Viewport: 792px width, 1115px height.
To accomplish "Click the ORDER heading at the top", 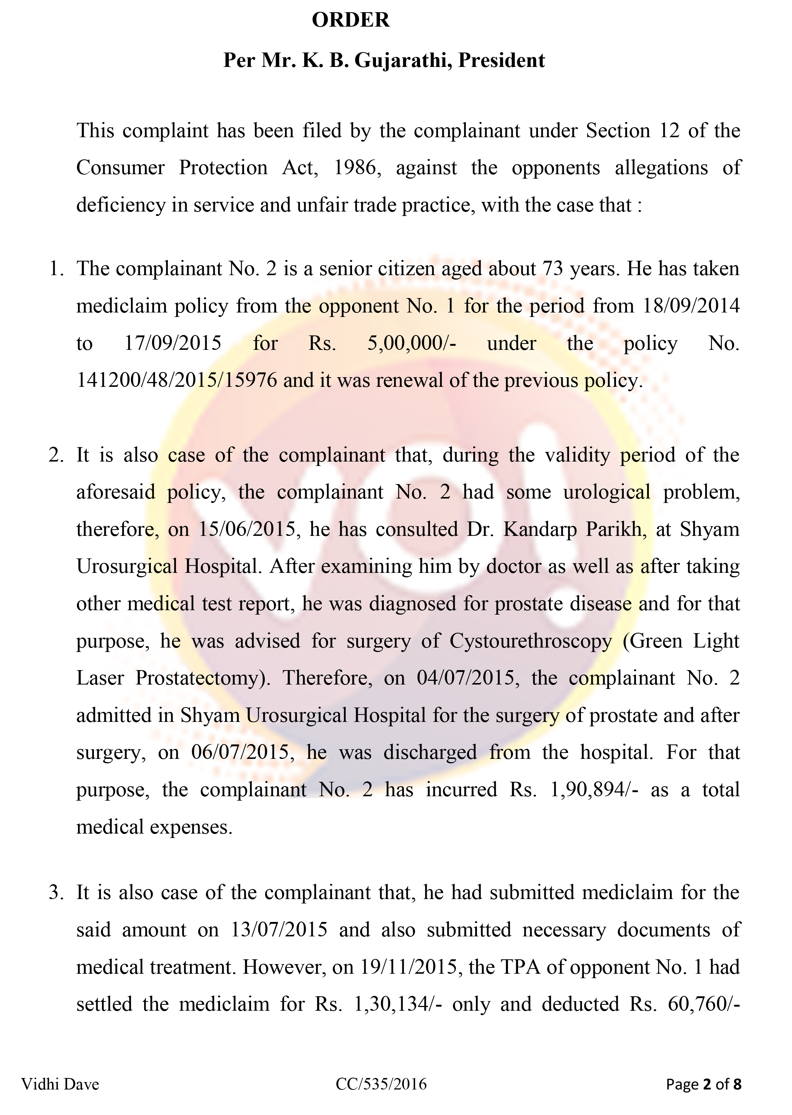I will pos(350,20).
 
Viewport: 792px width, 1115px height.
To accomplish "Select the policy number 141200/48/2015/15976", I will pos(177,381).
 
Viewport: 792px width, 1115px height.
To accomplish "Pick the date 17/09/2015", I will pos(173,344).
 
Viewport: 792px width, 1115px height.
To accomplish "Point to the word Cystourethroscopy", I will pos(531,641).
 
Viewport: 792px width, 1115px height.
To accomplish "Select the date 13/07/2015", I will pos(279,930).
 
